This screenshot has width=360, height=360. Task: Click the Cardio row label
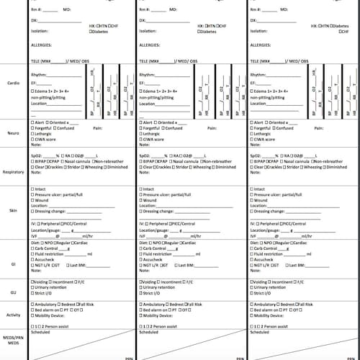tap(14, 83)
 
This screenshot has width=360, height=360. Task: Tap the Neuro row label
tap(14, 134)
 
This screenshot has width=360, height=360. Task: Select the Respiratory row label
tap(14, 173)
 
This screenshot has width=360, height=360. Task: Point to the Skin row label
tap(14, 210)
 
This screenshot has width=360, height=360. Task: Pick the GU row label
tap(14, 294)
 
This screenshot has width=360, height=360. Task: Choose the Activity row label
tap(14, 315)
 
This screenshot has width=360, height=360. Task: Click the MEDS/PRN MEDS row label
tap(14, 342)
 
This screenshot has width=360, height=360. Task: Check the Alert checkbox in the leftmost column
tap(32, 123)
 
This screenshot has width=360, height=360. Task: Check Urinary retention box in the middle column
tap(140, 287)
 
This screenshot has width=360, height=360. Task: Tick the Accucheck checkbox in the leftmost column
tap(32, 259)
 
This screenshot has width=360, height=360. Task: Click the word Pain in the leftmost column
tap(99, 128)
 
